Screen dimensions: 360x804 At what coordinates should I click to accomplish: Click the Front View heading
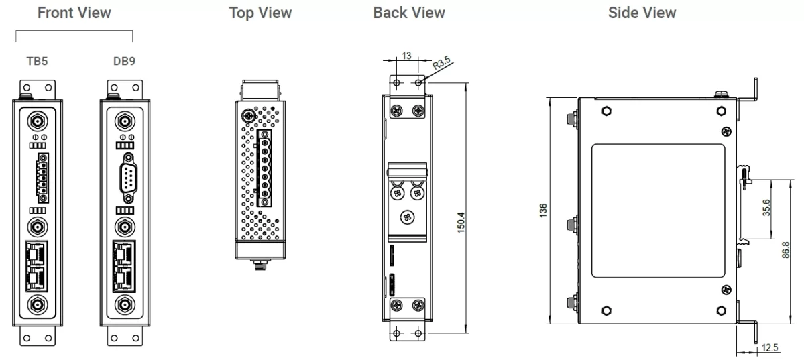[x=74, y=13]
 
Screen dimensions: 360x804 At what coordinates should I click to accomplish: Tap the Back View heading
[x=409, y=13]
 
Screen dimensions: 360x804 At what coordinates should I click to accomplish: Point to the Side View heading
[x=642, y=13]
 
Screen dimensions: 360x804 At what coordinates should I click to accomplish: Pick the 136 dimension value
[x=542, y=211]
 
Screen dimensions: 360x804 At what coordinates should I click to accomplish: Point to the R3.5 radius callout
[x=441, y=64]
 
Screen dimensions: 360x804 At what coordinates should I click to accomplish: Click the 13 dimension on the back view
[x=407, y=56]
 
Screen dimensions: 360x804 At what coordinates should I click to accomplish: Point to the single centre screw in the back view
[x=406, y=217]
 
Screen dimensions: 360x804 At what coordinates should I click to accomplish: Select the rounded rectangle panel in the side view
[x=658, y=211]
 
